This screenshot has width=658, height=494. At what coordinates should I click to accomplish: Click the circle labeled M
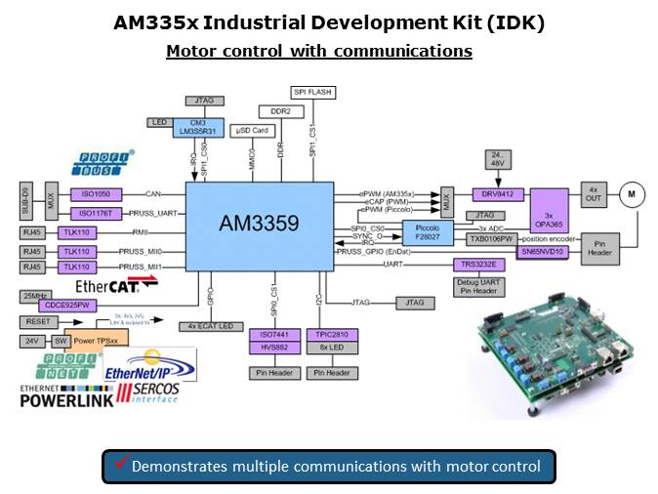(632, 195)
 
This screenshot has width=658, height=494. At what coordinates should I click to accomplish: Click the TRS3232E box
(477, 264)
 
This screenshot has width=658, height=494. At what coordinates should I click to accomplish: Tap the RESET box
(40, 320)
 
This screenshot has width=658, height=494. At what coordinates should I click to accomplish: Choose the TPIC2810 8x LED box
(330, 342)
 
